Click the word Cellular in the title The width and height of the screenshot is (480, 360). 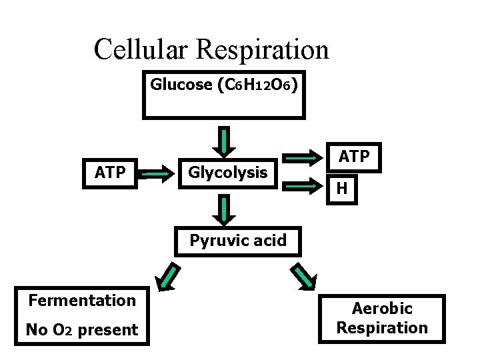[140, 49]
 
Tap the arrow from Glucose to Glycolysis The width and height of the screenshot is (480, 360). [226, 140]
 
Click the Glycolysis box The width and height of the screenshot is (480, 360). [227, 173]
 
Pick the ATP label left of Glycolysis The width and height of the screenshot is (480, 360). [110, 173]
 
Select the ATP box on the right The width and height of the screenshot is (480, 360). [353, 157]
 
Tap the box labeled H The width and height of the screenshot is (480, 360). [342, 189]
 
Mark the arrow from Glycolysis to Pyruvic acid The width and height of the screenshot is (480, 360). [226, 209]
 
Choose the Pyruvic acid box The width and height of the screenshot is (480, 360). [238, 241]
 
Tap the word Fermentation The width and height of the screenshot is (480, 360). [82, 301]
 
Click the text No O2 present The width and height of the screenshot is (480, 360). [82, 330]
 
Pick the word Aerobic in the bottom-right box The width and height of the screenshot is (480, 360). [382, 309]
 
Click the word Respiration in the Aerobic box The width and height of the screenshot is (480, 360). [382, 328]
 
